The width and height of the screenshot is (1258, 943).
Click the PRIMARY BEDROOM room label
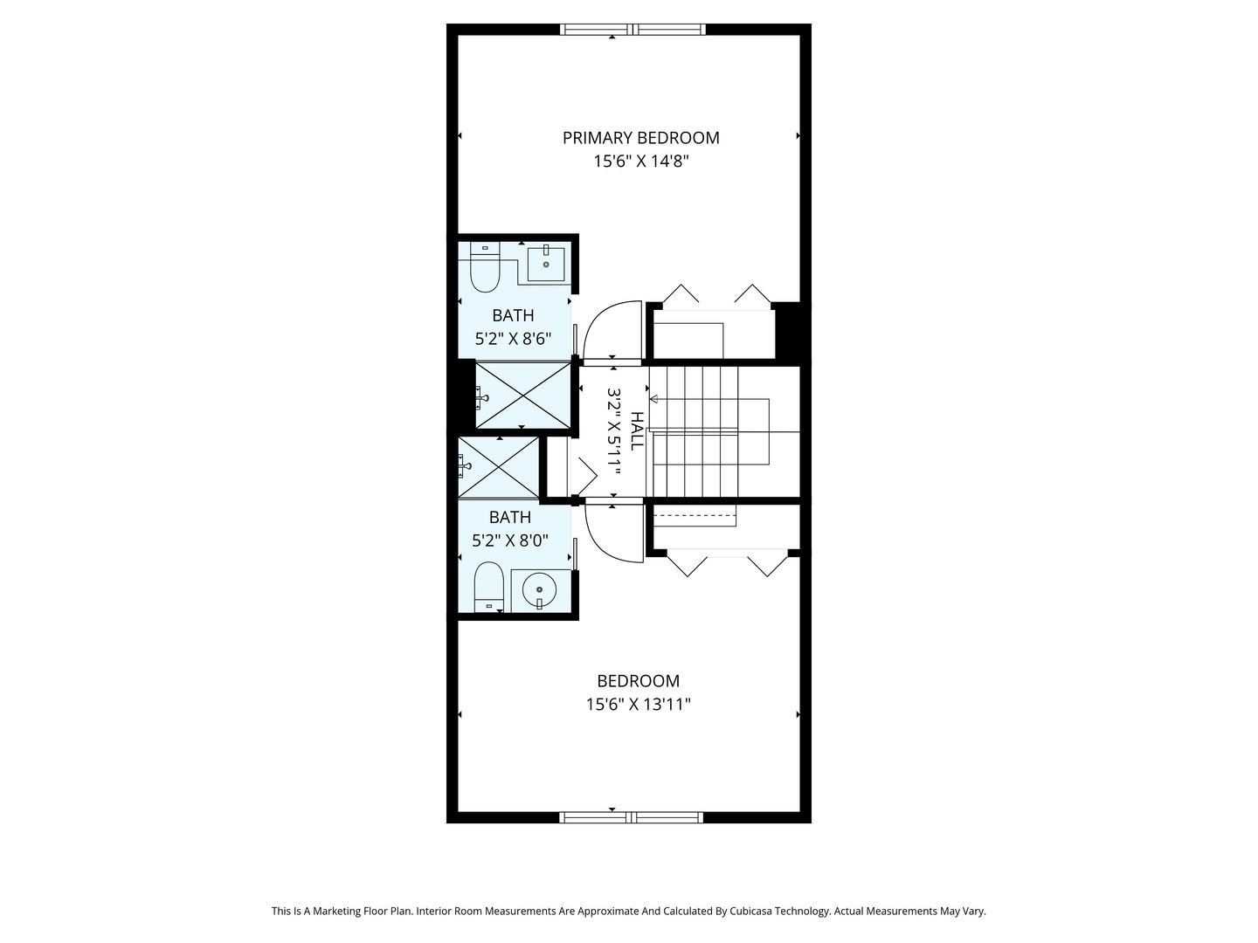click(x=640, y=138)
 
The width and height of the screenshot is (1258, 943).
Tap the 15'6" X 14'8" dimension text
click(x=640, y=162)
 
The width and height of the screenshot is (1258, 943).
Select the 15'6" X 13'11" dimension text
click(x=638, y=705)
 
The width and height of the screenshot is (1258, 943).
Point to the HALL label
click(x=637, y=430)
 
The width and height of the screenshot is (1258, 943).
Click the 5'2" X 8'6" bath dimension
click(x=513, y=339)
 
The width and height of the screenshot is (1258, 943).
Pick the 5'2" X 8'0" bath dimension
click(x=510, y=540)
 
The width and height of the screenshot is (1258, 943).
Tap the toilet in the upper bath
click(x=485, y=267)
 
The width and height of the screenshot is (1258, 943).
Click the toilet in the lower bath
click(x=489, y=586)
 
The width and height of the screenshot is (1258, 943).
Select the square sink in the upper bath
click(x=546, y=264)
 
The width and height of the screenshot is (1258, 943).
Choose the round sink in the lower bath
click(x=539, y=589)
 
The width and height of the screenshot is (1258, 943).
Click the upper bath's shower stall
click(x=523, y=395)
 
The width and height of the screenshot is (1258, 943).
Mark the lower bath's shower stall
click(x=499, y=467)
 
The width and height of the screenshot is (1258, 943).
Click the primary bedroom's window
click(x=632, y=29)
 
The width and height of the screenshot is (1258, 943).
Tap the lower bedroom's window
click(x=632, y=817)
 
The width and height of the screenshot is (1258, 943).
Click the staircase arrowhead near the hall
click(x=653, y=399)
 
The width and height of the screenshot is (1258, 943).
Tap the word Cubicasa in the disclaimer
click(x=750, y=911)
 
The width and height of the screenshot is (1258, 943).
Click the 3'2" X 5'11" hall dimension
click(x=614, y=431)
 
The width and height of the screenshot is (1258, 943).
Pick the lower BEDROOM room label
click(x=638, y=681)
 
